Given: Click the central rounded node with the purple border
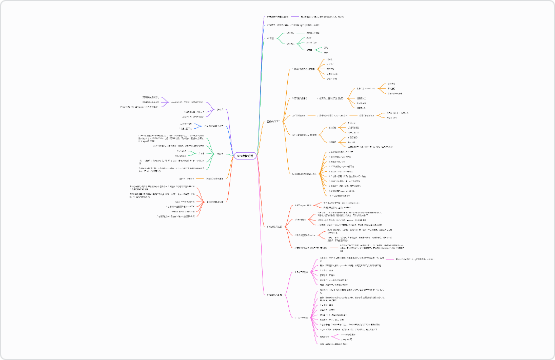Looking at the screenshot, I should click(x=246, y=155).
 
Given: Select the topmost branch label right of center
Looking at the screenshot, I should click(x=278, y=17).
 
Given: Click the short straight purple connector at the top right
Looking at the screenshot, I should click(x=299, y=17).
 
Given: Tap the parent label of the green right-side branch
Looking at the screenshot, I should click(x=270, y=38).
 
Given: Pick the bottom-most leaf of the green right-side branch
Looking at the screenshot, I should click(x=326, y=52).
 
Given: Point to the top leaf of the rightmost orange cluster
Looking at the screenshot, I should click(x=391, y=84).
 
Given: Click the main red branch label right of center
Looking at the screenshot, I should click(x=274, y=226).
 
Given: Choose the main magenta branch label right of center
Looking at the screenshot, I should click(x=274, y=295).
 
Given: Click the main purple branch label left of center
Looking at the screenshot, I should click(x=220, y=109).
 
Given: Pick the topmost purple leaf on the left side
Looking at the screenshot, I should click(x=150, y=97).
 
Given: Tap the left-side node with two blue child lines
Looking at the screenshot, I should click(x=214, y=126).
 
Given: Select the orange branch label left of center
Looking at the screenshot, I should click(x=214, y=178).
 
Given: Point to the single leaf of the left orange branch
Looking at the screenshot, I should click(x=186, y=178).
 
